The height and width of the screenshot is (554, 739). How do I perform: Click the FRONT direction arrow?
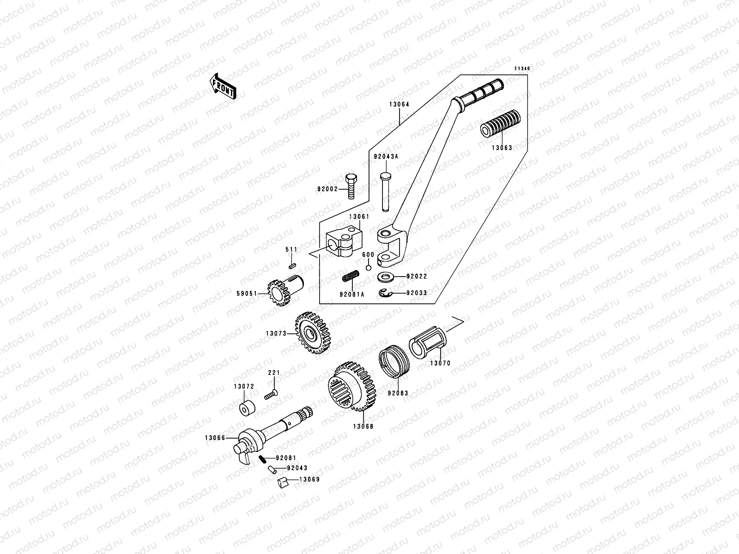click(x=224, y=86)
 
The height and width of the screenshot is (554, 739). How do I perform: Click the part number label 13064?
click(x=399, y=104)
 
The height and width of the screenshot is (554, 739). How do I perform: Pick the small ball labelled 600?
click(x=368, y=267)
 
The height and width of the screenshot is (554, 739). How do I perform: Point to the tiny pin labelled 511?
click(x=291, y=265)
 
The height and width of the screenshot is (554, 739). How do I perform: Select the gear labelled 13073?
click(x=313, y=333)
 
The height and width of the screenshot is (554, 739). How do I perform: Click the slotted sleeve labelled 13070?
click(x=426, y=342)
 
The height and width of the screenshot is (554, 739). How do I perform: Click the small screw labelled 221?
click(x=271, y=395)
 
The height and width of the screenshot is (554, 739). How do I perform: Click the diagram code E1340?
click(x=523, y=68)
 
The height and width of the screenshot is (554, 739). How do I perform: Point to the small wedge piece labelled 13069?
click(x=283, y=483)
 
